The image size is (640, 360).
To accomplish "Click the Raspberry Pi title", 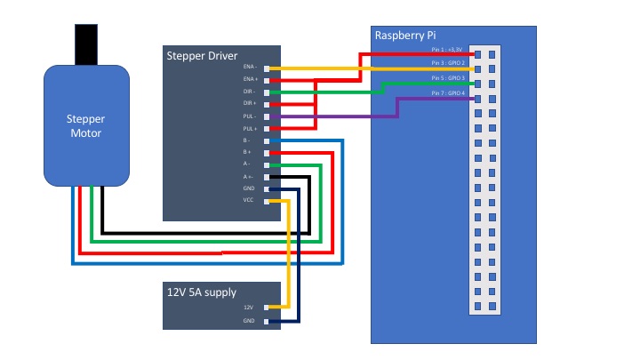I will pyautogui.click(x=410, y=36).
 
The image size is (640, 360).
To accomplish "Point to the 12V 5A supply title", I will pyautogui.click(x=202, y=292).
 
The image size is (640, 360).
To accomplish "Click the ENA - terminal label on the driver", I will pyautogui.click(x=249, y=68).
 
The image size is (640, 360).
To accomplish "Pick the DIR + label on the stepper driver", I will pyautogui.click(x=250, y=104).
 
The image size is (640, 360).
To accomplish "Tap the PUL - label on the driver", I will pyautogui.click(x=250, y=116).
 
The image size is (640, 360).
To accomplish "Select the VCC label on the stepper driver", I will pyautogui.click(x=249, y=201).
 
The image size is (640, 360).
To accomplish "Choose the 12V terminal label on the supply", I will pyautogui.click(x=250, y=308).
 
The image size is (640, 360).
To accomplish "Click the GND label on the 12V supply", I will pyautogui.click(x=249, y=321).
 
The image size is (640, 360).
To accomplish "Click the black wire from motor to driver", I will pyautogui.click(x=204, y=227).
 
